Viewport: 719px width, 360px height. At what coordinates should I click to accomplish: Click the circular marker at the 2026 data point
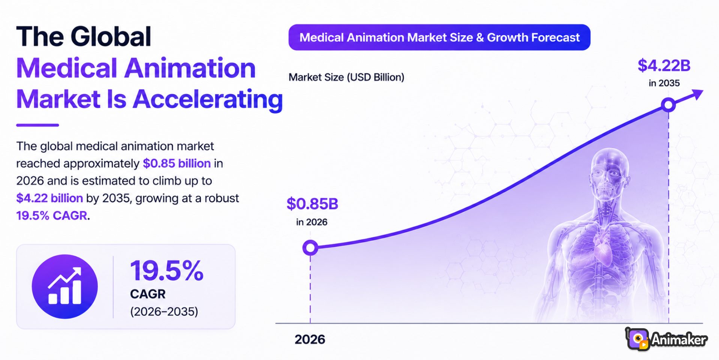310,247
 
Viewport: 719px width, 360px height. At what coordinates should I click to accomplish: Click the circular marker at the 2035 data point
668,105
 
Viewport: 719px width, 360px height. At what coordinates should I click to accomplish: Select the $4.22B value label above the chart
664,66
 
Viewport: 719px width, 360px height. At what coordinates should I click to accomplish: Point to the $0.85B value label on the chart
312,204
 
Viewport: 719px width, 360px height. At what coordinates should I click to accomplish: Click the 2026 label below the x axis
310,339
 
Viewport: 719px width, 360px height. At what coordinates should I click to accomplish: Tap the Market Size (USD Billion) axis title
346,77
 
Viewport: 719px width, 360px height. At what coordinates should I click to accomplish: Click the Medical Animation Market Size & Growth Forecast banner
439,37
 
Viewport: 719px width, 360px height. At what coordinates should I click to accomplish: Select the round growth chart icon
65,286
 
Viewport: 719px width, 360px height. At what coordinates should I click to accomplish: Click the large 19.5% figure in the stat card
166,270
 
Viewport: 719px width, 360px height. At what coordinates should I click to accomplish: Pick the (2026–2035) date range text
164,312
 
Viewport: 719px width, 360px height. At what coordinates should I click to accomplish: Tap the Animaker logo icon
638,339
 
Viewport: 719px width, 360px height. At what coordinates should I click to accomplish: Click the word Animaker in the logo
679,340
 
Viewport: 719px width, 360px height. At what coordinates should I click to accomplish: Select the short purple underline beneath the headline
37,125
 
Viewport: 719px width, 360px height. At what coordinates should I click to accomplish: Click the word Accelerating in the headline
208,99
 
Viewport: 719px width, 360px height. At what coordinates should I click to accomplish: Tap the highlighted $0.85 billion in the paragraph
177,163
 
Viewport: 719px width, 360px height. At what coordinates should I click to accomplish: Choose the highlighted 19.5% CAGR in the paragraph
52,216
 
